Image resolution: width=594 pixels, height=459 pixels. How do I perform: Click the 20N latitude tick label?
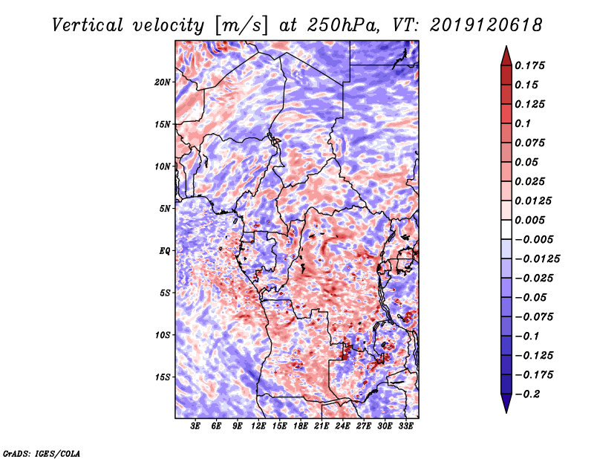point(163,82)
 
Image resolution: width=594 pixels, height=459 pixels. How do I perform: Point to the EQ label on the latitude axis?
point(165,251)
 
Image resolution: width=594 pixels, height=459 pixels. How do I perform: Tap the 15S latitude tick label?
point(163,377)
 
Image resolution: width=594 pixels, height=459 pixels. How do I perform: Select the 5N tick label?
point(165,209)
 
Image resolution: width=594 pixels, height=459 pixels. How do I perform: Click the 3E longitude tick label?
point(195,426)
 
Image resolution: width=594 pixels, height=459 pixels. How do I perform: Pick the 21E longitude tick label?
point(322,426)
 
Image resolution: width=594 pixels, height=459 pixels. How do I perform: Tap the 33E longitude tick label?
point(405,426)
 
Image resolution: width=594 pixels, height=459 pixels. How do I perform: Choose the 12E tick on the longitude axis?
point(258,426)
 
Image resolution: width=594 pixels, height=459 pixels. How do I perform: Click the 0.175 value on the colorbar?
point(532,65)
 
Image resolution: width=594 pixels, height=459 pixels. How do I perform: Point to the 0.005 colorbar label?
point(532,220)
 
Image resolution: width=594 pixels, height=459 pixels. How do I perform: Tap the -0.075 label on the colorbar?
point(535,316)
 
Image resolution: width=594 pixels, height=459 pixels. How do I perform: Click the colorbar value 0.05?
point(528,162)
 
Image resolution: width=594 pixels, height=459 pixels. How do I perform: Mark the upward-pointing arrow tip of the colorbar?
point(505,49)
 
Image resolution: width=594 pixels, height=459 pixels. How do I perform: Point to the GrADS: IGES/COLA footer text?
point(41,452)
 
